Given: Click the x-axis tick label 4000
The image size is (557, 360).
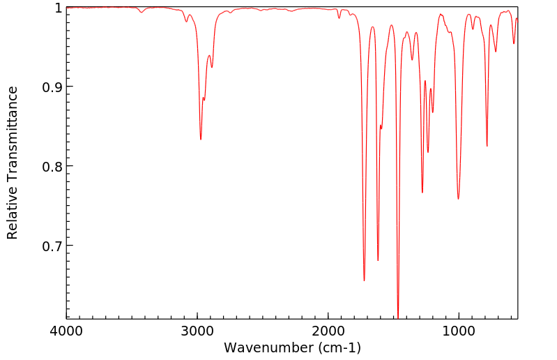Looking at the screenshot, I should pyautogui.click(x=67, y=331).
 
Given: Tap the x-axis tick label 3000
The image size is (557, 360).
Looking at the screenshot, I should pyautogui.click(x=197, y=331).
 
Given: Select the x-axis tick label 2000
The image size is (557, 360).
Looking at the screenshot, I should pyautogui.click(x=328, y=331).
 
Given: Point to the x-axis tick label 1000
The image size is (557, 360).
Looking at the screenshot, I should pyautogui.click(x=459, y=331).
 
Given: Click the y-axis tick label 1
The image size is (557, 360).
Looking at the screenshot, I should pyautogui.click(x=58, y=8).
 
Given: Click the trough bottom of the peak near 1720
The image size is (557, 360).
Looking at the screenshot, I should pyautogui.click(x=364, y=280).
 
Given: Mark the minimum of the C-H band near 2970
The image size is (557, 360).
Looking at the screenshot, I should pyautogui.click(x=201, y=140).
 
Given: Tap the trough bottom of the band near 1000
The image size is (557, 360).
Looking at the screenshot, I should pyautogui.click(x=458, y=199).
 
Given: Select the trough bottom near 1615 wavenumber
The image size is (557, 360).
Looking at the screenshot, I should pyautogui.click(x=378, y=260).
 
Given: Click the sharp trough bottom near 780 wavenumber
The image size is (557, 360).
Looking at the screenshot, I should pyautogui.click(x=487, y=146).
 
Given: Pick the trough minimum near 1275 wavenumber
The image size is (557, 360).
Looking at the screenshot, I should pyautogui.click(x=422, y=193).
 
